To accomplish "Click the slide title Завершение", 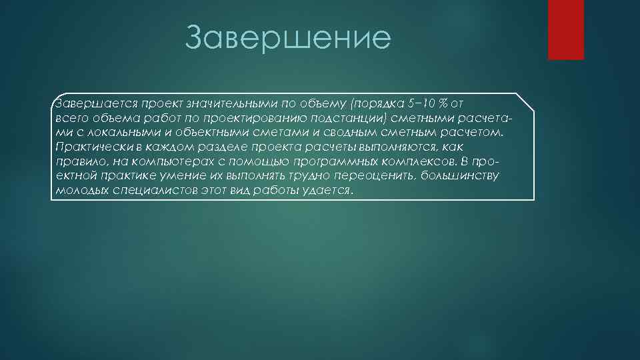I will click(x=287, y=38).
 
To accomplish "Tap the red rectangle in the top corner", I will click(x=565, y=29).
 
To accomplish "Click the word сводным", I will click(x=341, y=133).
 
